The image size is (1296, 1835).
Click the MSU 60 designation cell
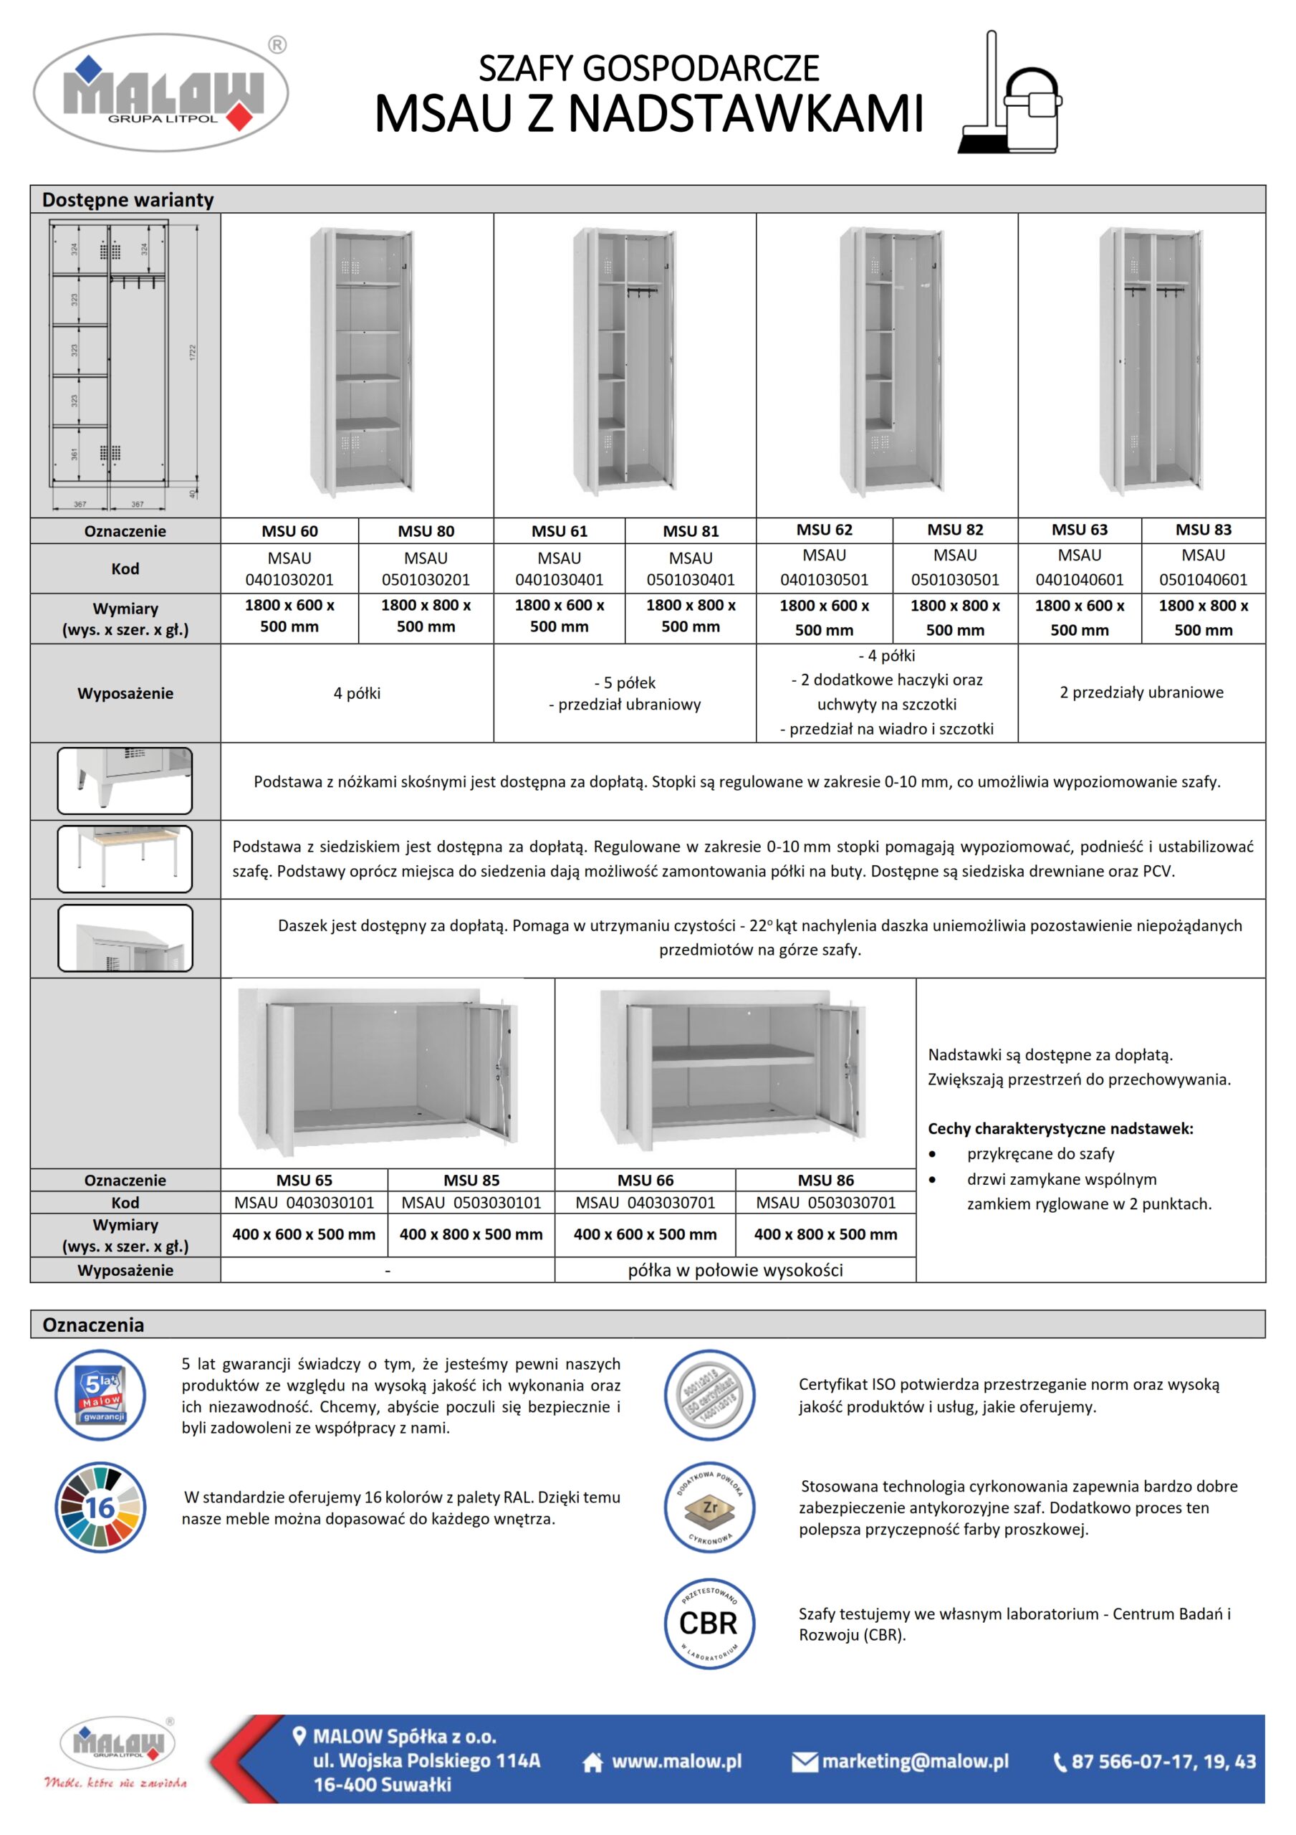pos(289,530)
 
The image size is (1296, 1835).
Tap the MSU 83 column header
pos(1203,529)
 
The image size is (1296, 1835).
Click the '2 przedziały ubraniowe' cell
pos(1141,692)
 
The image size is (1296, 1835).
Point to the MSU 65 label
pos(304,1180)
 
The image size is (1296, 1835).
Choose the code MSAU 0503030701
pos(825,1202)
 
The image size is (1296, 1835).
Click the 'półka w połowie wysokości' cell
pos(734,1270)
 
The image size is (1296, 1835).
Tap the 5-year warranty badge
pos(101,1396)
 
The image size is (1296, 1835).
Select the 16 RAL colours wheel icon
pos(101,1508)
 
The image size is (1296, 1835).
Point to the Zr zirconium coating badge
pos(709,1508)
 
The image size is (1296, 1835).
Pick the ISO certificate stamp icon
pos(709,1396)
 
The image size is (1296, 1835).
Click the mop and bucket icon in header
pos(1011,95)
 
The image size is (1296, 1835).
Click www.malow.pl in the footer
pos(676,1761)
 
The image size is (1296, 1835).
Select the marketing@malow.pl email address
pos(914,1761)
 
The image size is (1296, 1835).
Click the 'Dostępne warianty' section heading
pos(128,200)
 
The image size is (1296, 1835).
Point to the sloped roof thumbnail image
pos(125,938)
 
